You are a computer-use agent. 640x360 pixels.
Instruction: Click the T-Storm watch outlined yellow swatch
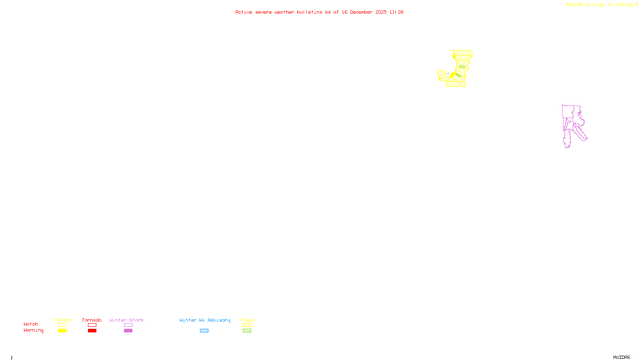62,325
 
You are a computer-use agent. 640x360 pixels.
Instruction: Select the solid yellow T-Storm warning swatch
62,331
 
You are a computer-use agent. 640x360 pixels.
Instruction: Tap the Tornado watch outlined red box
92,325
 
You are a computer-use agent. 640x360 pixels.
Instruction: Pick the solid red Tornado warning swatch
92,331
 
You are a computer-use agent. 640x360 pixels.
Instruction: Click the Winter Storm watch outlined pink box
128,325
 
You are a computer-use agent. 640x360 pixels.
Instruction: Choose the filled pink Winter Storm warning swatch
128,331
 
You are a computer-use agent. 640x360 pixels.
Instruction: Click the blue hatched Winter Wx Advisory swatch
204,331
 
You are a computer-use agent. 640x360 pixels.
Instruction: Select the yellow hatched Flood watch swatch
247,325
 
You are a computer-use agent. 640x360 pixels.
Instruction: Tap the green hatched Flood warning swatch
247,331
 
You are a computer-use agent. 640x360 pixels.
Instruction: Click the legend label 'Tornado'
92,320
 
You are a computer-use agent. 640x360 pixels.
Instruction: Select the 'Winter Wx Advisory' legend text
205,320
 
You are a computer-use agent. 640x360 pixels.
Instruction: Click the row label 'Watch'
31,324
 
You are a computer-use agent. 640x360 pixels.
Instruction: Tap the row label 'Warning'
33,330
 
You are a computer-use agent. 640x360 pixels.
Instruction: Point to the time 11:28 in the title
396,12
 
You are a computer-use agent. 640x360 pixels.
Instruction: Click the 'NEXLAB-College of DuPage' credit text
599,4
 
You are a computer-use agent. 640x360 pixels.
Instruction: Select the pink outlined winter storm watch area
568,112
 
